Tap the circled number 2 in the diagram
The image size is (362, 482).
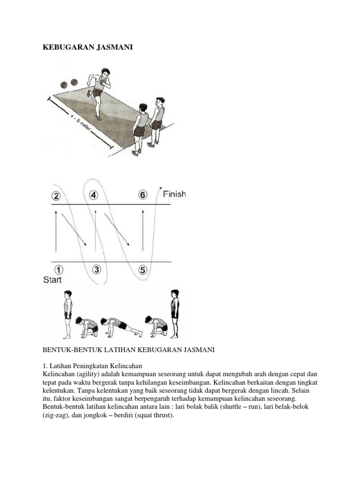coord(56,196)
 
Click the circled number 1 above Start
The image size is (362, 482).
coord(58,270)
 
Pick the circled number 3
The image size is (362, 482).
coord(96,270)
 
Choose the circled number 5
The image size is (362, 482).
coord(143,270)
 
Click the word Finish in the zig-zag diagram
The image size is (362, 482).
coord(174,194)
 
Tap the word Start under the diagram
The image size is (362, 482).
coord(53,280)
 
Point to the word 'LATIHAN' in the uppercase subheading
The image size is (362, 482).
coord(112,350)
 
